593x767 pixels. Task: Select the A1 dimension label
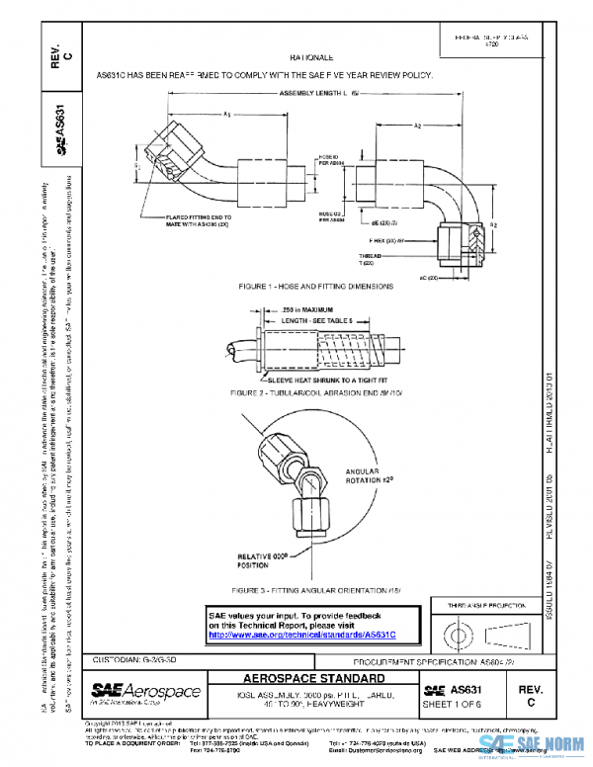tap(227, 115)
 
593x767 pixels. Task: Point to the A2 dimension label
tap(419, 127)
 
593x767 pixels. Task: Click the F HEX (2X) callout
tap(388, 239)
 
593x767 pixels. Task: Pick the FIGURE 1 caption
tap(316, 286)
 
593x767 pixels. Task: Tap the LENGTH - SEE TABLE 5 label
tap(316, 321)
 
